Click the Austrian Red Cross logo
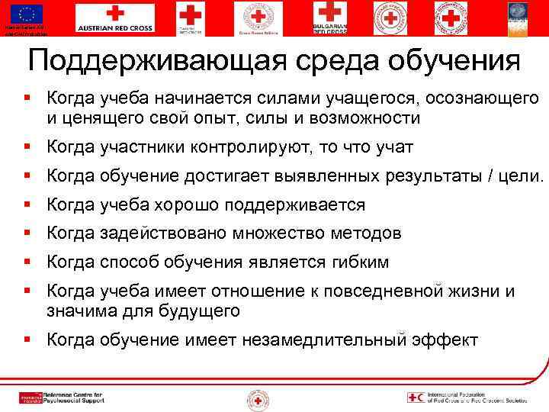coord(114,18)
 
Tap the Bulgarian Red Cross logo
coord(330,18)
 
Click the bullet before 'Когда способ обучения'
coord(27,262)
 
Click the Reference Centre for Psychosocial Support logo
coord(61,398)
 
